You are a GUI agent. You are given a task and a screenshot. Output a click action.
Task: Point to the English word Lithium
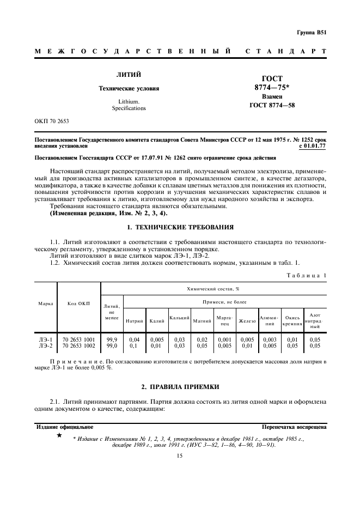click(129, 102)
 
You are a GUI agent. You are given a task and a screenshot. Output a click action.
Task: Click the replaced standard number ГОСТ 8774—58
click(272, 105)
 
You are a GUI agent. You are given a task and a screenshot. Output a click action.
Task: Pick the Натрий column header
click(134, 320)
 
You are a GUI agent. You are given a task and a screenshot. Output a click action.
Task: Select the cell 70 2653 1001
click(79, 339)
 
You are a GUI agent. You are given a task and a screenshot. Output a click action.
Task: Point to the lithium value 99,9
click(112, 339)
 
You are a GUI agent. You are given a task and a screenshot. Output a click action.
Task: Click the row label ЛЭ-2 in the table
click(46, 345)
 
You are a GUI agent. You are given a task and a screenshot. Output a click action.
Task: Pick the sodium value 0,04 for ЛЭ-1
click(134, 339)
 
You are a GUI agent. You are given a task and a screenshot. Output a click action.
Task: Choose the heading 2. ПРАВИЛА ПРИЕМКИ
click(180, 387)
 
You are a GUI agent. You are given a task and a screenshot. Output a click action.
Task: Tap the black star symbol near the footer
click(59, 436)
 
